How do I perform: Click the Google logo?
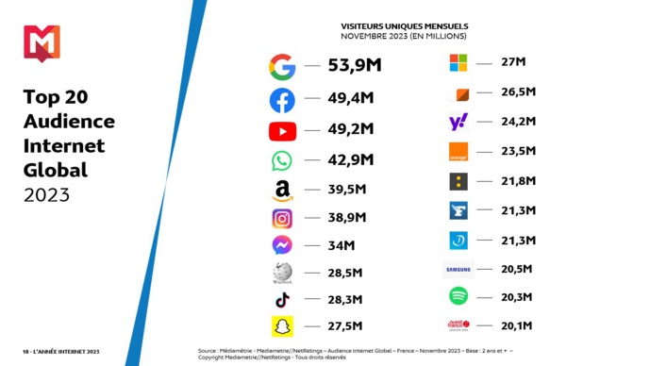[x=282, y=67]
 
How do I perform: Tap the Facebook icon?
[x=282, y=100]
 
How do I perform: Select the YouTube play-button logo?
[x=282, y=131]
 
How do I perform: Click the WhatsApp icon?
[x=282, y=160]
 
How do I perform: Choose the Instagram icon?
[x=282, y=219]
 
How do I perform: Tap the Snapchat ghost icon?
[x=282, y=327]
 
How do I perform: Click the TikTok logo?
[x=282, y=300]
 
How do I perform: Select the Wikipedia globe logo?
[x=282, y=273]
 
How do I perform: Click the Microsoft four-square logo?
[x=458, y=63]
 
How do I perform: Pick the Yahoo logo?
[x=458, y=122]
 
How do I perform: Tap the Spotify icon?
[x=458, y=296]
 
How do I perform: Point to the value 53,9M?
[x=354, y=66]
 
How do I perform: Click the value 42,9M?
[x=351, y=159]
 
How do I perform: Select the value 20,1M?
[x=518, y=326]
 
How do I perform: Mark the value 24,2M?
[x=518, y=122]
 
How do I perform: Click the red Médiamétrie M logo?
[x=42, y=42]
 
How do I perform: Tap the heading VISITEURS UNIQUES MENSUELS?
[x=404, y=26]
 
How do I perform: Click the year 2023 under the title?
[x=46, y=195]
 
